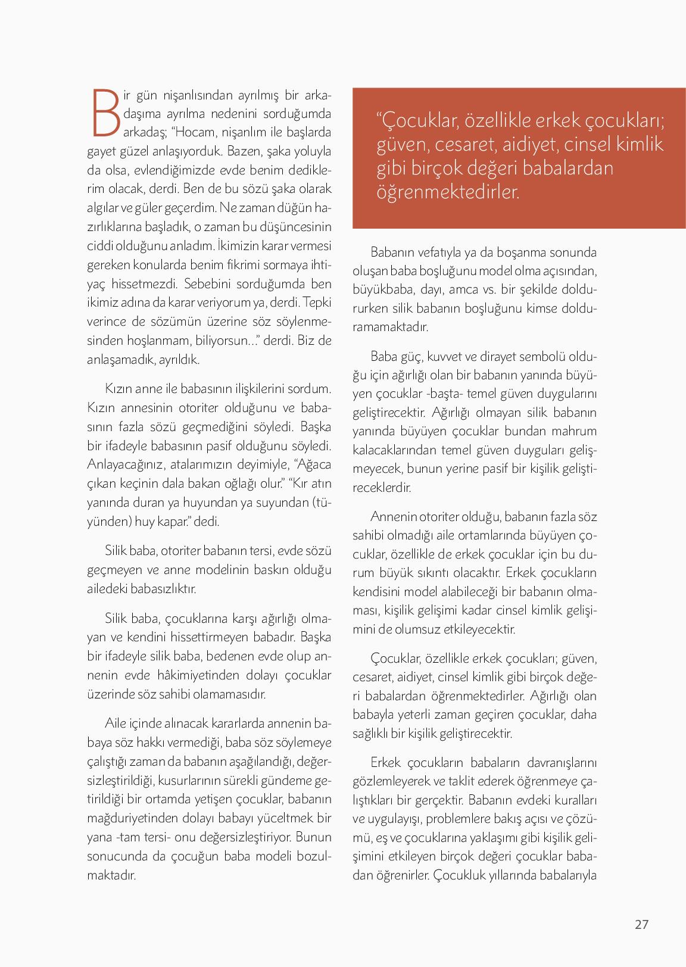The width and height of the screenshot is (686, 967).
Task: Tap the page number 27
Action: point(641,924)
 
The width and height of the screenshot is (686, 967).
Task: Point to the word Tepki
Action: point(317,302)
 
